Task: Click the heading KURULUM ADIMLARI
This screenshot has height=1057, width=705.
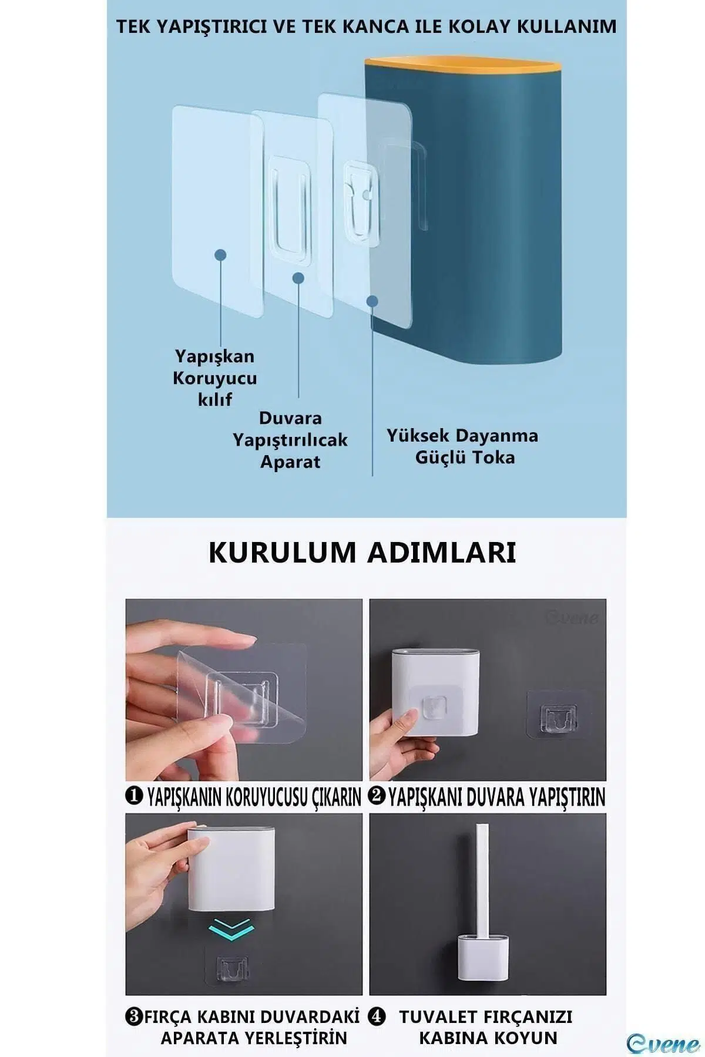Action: [362, 553]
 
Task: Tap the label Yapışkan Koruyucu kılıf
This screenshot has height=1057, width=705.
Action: [215, 378]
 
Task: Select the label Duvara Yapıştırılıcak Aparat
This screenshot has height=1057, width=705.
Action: [290, 440]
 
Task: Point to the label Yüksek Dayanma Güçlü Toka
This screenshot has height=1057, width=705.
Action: [462, 446]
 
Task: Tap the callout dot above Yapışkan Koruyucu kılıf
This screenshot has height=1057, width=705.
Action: [220, 255]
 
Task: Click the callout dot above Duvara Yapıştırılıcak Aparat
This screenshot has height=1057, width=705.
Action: [298, 278]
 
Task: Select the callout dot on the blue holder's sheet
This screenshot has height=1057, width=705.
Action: [372, 301]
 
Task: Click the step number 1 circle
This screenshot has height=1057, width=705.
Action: [135, 796]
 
